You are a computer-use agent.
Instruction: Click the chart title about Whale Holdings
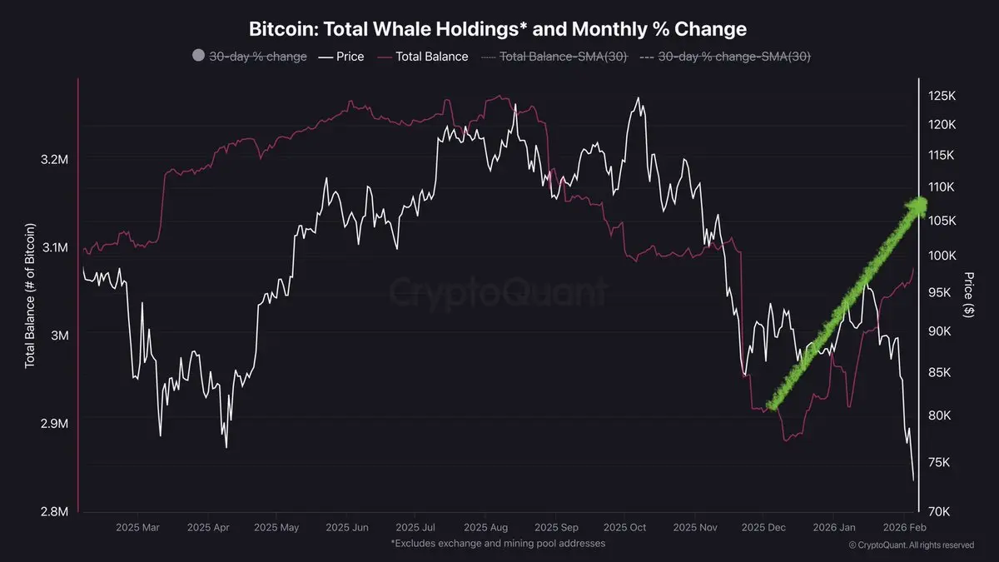498,28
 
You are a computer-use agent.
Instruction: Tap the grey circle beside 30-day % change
198,56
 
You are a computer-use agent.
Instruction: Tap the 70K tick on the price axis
942,511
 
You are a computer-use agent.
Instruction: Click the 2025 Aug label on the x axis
487,527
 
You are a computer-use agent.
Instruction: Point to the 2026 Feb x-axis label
904,527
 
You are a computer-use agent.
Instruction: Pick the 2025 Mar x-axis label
137,527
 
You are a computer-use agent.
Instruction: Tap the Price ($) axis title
969,294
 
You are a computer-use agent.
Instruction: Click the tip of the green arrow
920,202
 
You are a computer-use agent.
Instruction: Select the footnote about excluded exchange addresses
498,543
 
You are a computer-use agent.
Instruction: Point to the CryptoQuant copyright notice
911,545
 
